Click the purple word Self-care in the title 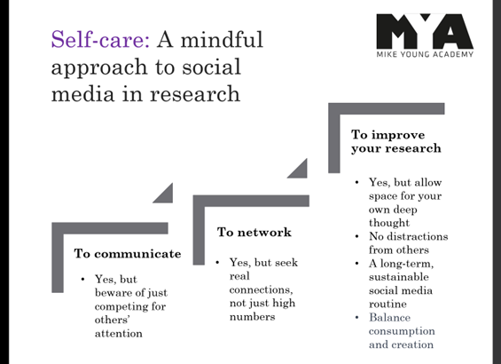[100, 39]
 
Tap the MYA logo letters [425, 31]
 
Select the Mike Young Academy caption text [425, 54]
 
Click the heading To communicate [128, 254]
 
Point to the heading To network [254, 233]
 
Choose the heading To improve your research [396, 141]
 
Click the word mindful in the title [222, 39]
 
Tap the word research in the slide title [195, 94]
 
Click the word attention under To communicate [119, 334]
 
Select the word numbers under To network [253, 317]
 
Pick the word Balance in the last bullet [390, 317]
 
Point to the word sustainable [399, 277]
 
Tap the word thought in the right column [389, 223]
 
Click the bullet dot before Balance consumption [357, 318]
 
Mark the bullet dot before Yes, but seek [217, 263]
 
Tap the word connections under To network [261, 289]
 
